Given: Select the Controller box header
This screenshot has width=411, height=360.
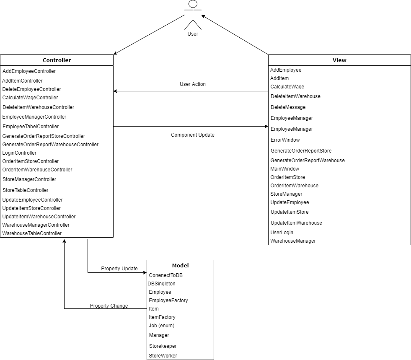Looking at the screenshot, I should (x=57, y=60).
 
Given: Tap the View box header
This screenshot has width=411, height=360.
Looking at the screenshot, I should (x=339, y=60).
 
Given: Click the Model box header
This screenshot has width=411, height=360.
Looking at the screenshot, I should (x=180, y=265).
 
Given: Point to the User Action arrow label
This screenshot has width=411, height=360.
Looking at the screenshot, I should (x=193, y=84).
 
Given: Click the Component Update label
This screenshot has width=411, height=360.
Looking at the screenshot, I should (x=193, y=135).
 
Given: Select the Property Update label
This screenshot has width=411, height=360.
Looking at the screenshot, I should (x=119, y=269).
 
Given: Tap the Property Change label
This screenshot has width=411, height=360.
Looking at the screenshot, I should (x=109, y=306).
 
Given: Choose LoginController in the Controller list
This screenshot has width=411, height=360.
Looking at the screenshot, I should (x=19, y=153).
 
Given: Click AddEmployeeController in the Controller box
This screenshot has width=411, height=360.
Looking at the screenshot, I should (x=29, y=71).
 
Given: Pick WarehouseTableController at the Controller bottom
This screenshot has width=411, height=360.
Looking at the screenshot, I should (x=32, y=233).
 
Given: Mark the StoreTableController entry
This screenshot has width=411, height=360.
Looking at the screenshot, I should (x=25, y=190).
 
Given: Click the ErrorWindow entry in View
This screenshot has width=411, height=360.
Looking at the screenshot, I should (x=285, y=140).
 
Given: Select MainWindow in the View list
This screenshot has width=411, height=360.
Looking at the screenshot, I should (x=285, y=169).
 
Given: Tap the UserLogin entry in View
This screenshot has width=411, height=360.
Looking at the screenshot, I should (x=282, y=233).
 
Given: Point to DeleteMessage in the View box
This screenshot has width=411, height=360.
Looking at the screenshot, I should (x=288, y=107).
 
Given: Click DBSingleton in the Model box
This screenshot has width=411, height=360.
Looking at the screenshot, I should (x=162, y=284).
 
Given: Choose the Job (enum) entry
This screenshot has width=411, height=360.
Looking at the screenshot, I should (x=162, y=326).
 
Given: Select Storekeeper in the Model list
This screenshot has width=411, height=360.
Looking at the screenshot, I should (x=163, y=346).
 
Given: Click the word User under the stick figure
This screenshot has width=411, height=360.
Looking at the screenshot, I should (x=193, y=34).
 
